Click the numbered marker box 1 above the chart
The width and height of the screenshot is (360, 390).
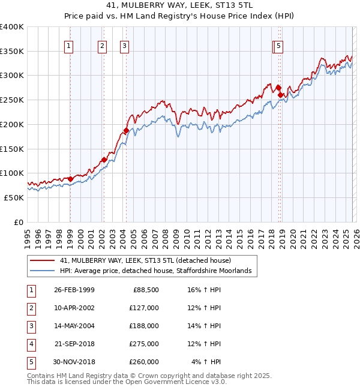click(69, 46)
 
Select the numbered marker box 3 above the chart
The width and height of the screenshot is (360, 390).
click(124, 46)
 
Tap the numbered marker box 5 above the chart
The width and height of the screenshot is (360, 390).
click(280, 46)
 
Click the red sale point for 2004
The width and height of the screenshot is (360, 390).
click(126, 130)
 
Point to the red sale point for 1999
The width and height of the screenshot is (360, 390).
click(70, 179)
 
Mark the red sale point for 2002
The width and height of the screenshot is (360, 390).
click(104, 160)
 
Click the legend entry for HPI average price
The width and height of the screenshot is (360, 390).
click(158, 271)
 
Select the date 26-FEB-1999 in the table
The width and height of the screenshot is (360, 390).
click(74, 290)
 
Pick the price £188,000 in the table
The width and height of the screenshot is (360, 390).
click(143, 326)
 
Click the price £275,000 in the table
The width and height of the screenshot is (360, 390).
click(143, 344)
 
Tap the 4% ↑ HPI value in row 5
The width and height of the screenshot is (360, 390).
click(206, 362)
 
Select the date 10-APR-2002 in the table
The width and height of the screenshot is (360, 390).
click(74, 308)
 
